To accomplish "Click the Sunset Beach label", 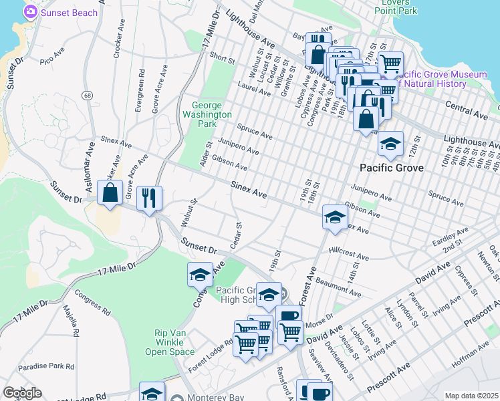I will (x=69, y=13).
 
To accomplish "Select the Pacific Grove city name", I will (x=391, y=168).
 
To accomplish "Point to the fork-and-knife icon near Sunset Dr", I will (x=148, y=197).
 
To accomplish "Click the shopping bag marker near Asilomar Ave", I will (x=110, y=192).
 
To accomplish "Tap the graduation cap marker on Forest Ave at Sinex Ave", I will (x=334, y=216).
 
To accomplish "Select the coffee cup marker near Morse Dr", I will (x=288, y=316).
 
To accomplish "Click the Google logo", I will (x=22, y=393).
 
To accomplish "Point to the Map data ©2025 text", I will (x=471, y=396).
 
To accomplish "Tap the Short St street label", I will (x=223, y=59).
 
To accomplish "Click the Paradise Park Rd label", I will (x=47, y=366).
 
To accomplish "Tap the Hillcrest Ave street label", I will (x=349, y=255).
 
